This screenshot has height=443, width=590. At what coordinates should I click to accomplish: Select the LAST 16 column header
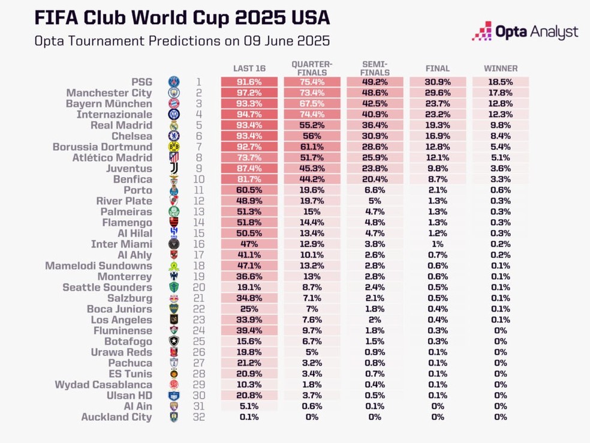coord(249,68)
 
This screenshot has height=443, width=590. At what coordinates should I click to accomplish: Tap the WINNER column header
coord(501,68)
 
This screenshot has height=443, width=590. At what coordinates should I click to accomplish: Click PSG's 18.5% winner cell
coord(501,82)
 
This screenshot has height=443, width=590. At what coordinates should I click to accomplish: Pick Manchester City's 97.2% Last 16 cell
coord(249,93)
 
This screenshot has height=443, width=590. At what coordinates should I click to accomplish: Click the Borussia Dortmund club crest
coord(174,147)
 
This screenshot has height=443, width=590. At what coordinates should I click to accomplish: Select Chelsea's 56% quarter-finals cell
coord(312,136)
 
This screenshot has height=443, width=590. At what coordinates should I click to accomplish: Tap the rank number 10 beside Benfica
coord(199,179)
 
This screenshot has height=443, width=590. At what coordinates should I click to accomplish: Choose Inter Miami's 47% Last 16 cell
coord(249,244)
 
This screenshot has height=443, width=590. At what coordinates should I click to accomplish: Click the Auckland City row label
coord(116,417)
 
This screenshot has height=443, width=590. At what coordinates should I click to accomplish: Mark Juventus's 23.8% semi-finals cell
coord(375,169)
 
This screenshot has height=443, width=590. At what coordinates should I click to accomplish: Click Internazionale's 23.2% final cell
coord(438,115)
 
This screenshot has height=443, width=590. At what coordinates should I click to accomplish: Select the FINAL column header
coord(438,68)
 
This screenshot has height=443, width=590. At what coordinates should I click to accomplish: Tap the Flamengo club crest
coord(174,223)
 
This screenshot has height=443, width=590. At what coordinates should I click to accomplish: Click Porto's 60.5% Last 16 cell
coord(249,190)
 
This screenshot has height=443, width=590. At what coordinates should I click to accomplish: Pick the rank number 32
coord(199,417)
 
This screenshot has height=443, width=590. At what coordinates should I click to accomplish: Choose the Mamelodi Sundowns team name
coord(100,266)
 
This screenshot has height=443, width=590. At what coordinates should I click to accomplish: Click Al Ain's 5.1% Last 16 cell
coord(249,406)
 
